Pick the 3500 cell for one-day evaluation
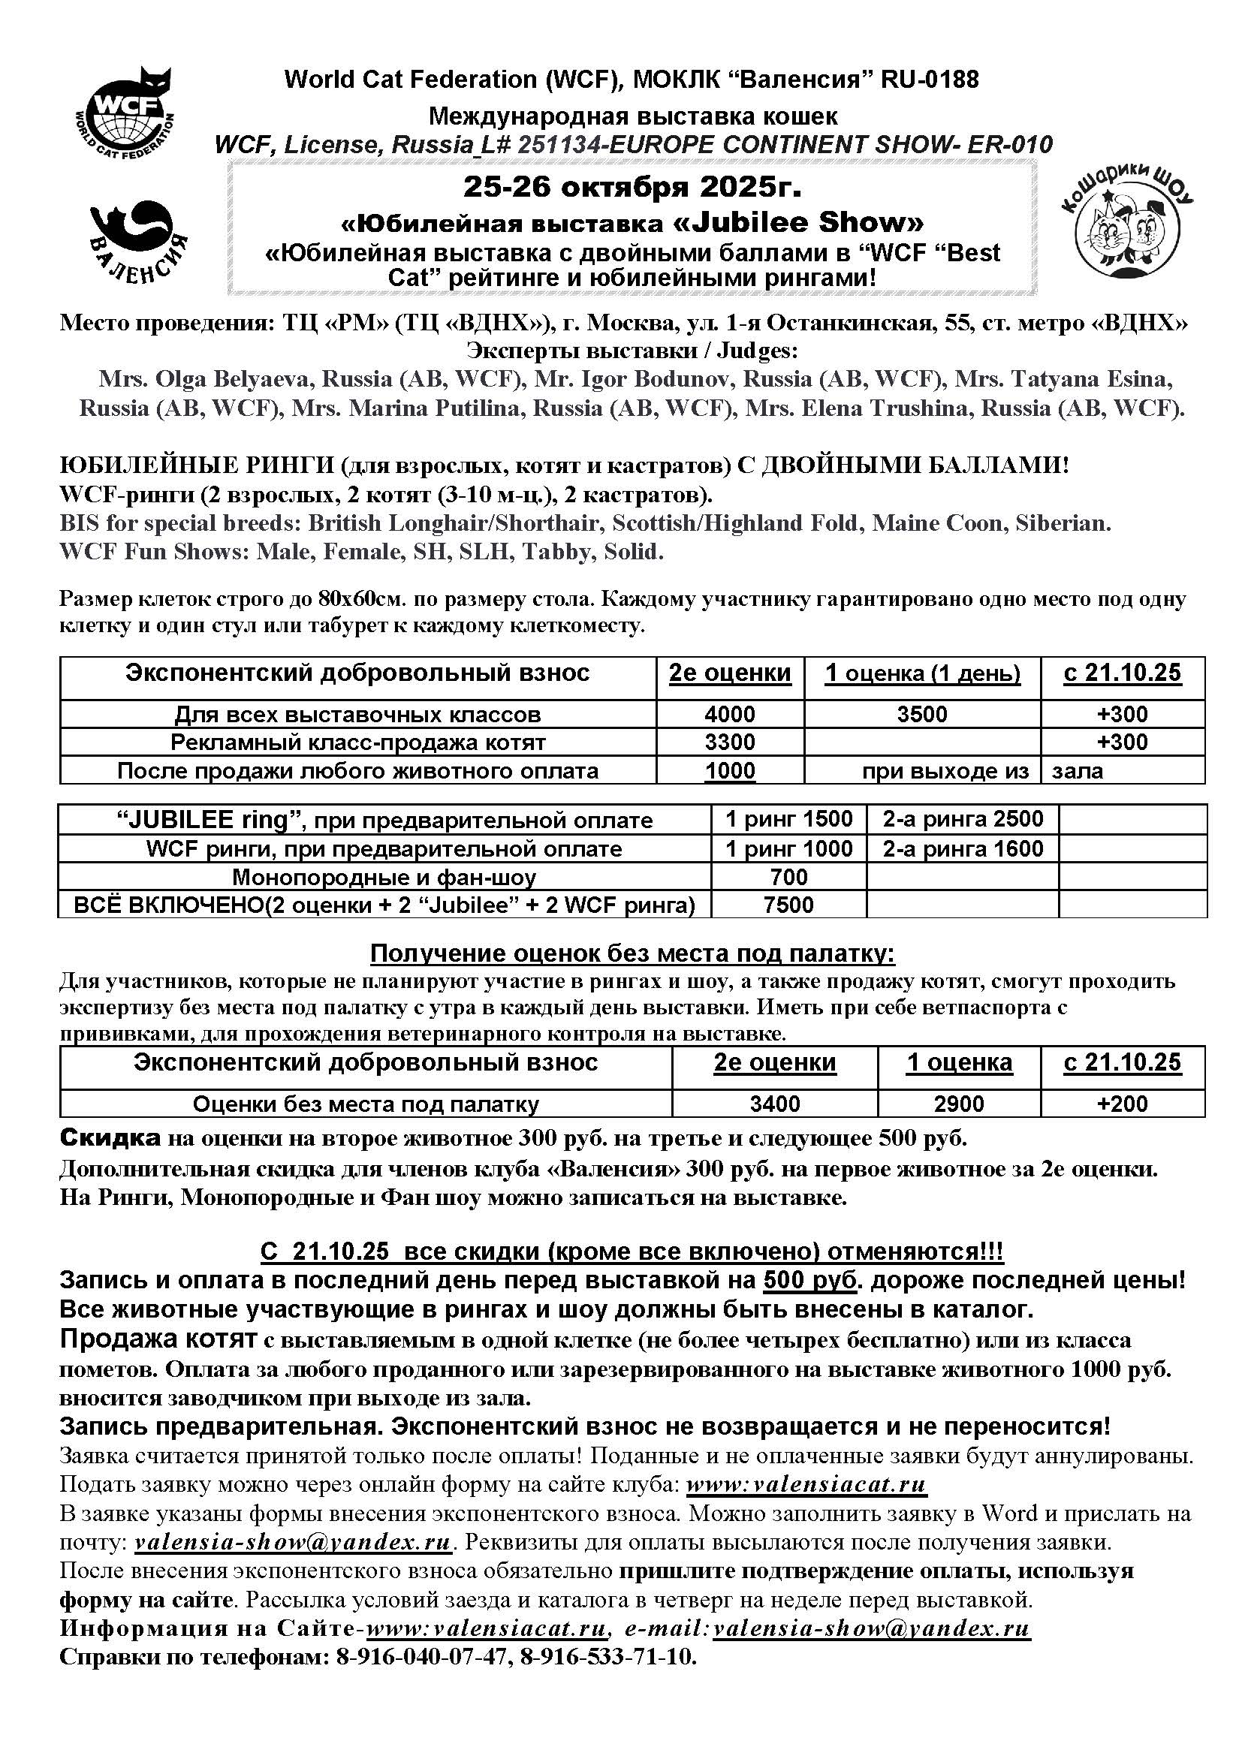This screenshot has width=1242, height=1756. click(921, 714)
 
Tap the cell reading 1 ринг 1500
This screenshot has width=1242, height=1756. click(788, 819)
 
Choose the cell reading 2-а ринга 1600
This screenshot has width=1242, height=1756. click(962, 848)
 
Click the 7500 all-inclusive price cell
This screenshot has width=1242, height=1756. click(788, 905)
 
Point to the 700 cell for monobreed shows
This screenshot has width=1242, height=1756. click(788, 876)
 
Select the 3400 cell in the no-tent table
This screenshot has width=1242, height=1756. click(775, 1104)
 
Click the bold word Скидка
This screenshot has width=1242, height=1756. click(110, 1139)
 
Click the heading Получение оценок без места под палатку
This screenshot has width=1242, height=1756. click(632, 953)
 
